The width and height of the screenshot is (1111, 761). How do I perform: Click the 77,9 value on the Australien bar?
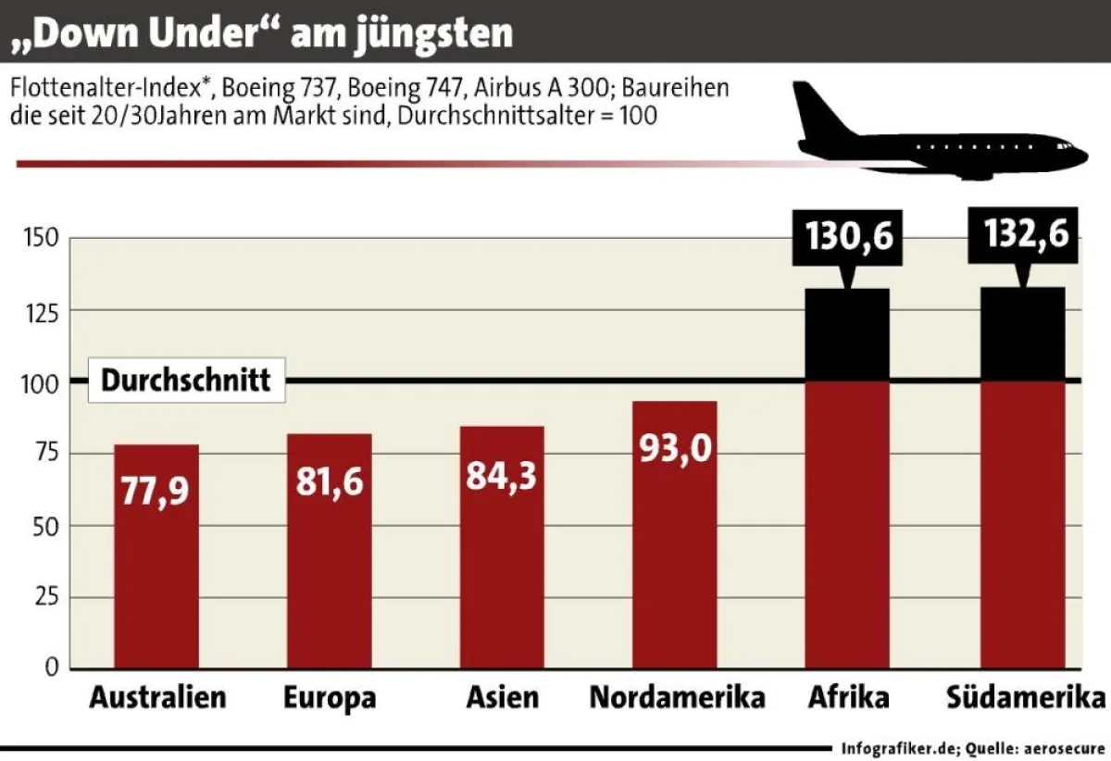[156, 491]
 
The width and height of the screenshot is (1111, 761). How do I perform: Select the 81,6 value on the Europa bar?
[329, 481]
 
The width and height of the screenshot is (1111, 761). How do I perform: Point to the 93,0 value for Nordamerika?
[674, 449]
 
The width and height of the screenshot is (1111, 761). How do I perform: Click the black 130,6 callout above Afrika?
[848, 235]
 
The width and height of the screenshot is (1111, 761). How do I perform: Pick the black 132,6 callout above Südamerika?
[1022, 235]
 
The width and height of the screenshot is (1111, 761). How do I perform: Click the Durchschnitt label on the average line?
[186, 380]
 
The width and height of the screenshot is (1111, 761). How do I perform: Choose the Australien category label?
[157, 697]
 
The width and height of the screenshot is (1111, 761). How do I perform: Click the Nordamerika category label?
[677, 697]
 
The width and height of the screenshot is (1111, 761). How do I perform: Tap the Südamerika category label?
[1026, 697]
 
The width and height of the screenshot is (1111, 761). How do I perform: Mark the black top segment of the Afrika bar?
[848, 335]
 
